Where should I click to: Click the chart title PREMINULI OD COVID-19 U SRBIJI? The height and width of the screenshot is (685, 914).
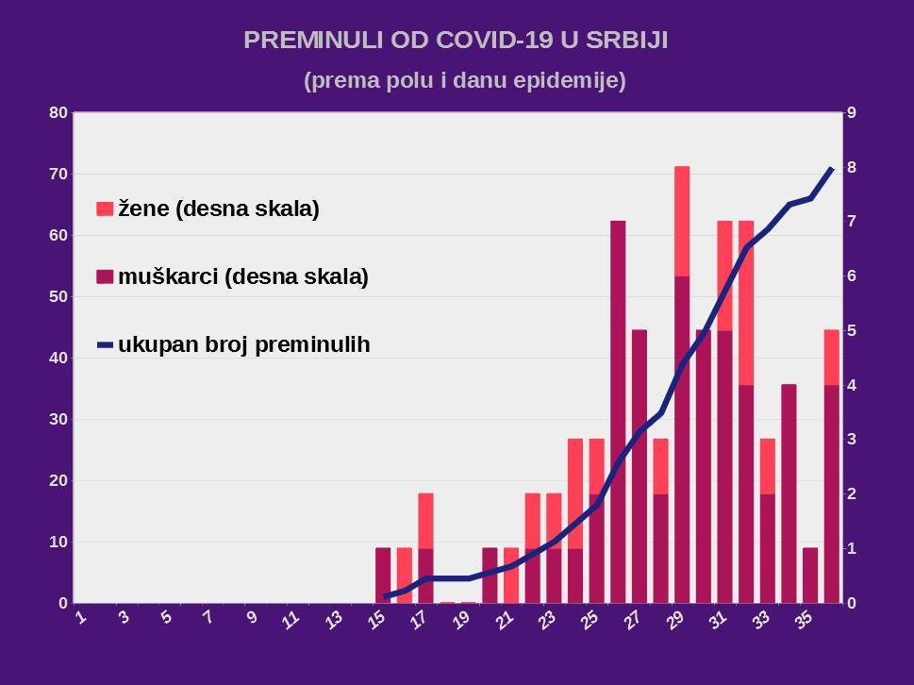point(457,40)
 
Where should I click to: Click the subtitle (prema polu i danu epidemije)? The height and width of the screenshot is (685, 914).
point(465,81)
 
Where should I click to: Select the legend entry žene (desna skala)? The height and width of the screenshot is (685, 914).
point(218,209)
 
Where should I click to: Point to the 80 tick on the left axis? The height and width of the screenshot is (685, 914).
point(58,113)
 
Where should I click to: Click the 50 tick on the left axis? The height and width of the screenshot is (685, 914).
point(58,296)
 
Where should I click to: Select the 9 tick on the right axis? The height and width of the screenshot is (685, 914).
point(851,113)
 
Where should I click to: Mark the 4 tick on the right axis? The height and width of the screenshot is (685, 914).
point(851,385)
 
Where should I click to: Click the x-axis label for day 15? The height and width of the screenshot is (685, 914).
point(376,619)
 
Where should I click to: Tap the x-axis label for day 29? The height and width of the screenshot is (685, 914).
point(675,619)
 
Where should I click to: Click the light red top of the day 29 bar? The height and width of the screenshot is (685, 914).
point(682,220)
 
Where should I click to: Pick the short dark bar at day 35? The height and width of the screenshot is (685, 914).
point(810,575)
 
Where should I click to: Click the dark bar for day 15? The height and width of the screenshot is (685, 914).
point(383,575)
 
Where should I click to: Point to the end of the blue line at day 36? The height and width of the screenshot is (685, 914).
point(831,168)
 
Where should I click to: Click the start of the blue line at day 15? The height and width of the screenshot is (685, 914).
point(384,596)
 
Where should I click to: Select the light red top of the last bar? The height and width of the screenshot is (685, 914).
point(831,357)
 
